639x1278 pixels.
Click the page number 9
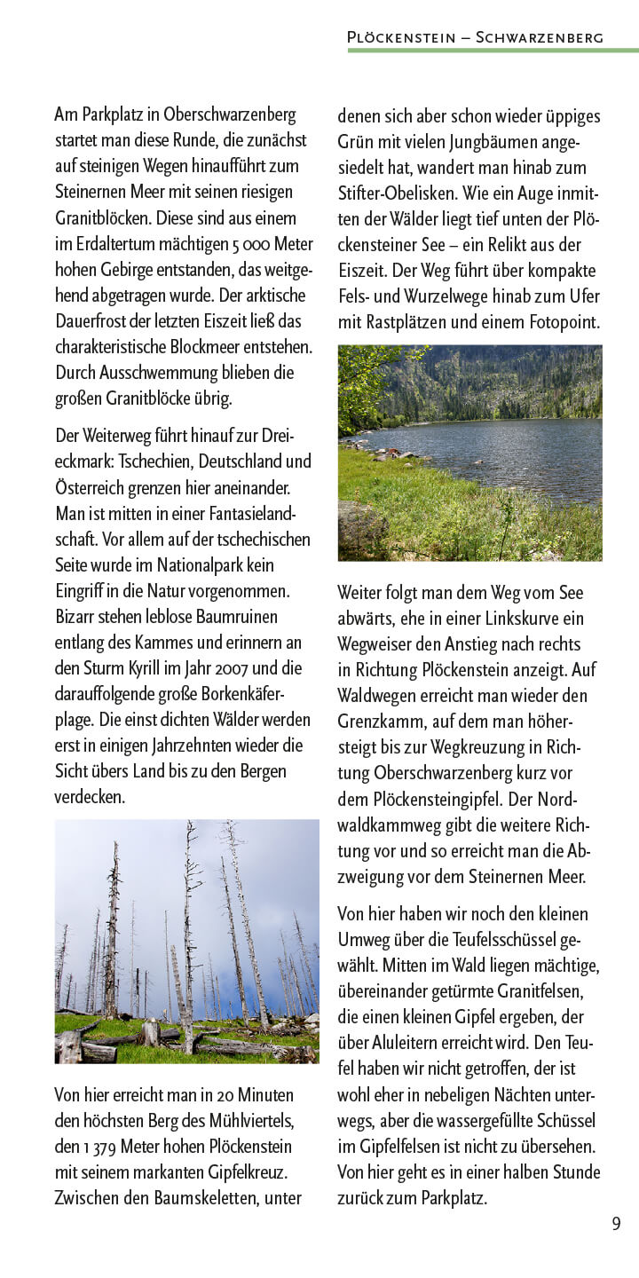click(616, 1224)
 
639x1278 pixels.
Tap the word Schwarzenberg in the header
click(540, 37)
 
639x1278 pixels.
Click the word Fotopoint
click(564, 322)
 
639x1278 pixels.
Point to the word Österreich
click(91, 488)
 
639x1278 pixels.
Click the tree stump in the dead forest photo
click(150, 1031)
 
